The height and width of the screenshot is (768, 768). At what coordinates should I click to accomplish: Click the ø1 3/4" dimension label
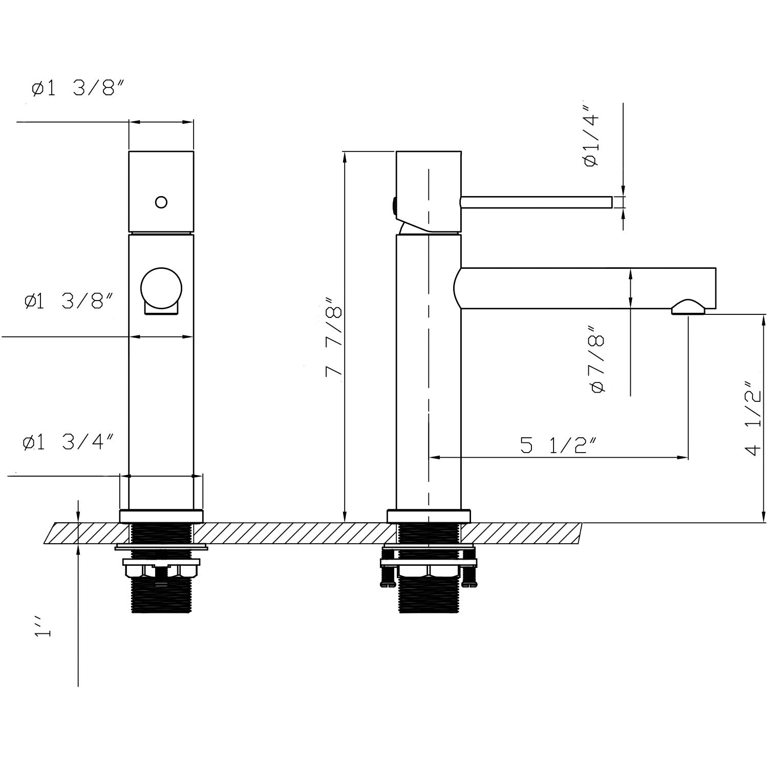pyautogui.click(x=68, y=442)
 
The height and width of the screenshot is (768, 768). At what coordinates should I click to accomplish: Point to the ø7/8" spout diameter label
pyautogui.click(x=598, y=358)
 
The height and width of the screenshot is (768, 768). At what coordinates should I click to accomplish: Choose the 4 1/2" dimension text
pyautogui.click(x=753, y=418)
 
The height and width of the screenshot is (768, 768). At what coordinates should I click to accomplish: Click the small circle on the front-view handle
pyautogui.click(x=161, y=202)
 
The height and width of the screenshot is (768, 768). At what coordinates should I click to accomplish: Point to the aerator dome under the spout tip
pyautogui.click(x=688, y=307)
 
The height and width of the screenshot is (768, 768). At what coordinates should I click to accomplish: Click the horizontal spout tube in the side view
pyautogui.click(x=584, y=288)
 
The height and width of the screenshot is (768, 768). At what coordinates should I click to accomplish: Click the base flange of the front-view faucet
pyautogui.click(x=161, y=516)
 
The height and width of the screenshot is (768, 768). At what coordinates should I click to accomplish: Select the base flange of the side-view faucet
pyautogui.click(x=429, y=516)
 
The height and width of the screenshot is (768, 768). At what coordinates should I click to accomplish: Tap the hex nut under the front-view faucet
pyautogui.click(x=161, y=569)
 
